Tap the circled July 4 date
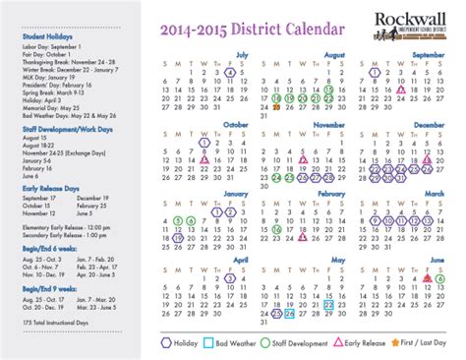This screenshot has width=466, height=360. (229, 72)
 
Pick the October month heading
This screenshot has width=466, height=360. (236, 125)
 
